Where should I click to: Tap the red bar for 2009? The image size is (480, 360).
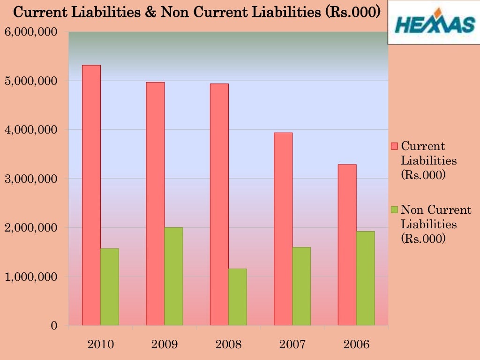(155, 203)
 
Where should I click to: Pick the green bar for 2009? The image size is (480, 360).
(174, 276)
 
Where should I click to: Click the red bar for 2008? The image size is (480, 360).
(219, 204)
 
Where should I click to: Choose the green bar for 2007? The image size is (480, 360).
(301, 286)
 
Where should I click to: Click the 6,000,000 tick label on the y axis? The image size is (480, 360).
(31, 32)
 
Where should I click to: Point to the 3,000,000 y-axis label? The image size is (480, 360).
(31, 179)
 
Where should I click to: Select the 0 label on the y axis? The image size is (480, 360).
(54, 326)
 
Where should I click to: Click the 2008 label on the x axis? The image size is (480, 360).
(228, 345)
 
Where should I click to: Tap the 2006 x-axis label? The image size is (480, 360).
(356, 345)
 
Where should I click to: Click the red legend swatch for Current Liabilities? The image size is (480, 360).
(394, 146)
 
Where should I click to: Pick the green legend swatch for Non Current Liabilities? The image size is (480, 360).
(394, 210)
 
